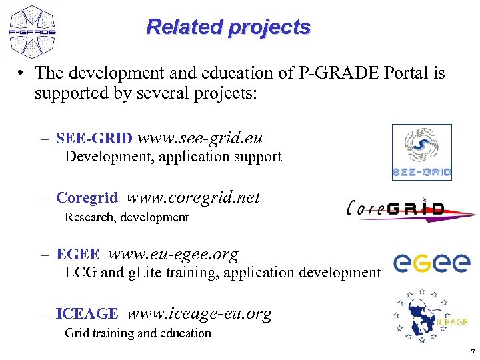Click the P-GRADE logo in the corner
pos(32,31)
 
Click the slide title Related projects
pos(228,27)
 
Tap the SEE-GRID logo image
pos(421,152)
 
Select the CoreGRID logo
pos(410,209)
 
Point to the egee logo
pos(431,263)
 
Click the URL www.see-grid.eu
pos(199,138)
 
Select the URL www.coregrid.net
pos(193,197)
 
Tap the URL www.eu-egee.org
pos(173,254)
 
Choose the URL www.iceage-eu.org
pos(199,313)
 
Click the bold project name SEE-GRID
pos(94,139)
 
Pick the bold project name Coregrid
pos(87,198)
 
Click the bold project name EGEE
pos(77,255)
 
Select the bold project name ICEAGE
pos(87,314)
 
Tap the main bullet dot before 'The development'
pos(22,73)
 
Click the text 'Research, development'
pos(127,217)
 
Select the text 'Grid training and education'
pos(137,333)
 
